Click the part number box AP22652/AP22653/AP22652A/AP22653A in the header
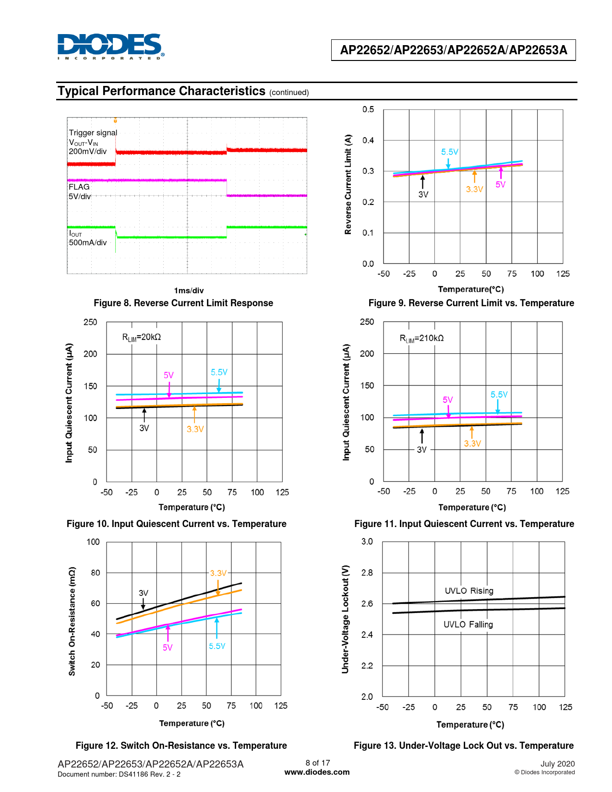[453, 50]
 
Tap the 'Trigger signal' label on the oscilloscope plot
[93, 133]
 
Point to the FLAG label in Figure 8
[79, 187]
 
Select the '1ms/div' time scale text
[189, 290]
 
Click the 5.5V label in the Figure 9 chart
[450, 152]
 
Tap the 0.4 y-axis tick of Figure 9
[368, 141]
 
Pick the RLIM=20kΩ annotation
[142, 337]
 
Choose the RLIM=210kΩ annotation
[421, 338]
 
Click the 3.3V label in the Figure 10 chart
[195, 429]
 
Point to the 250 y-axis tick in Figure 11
[367, 322]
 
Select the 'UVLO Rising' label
[469, 591]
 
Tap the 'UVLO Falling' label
[468, 624]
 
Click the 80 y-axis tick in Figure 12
[96, 573]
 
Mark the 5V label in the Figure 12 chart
[167, 648]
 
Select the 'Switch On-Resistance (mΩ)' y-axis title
[72, 621]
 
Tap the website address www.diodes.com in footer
[317, 772]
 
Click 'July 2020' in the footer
[557, 764]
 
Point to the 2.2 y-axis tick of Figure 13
[367, 666]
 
